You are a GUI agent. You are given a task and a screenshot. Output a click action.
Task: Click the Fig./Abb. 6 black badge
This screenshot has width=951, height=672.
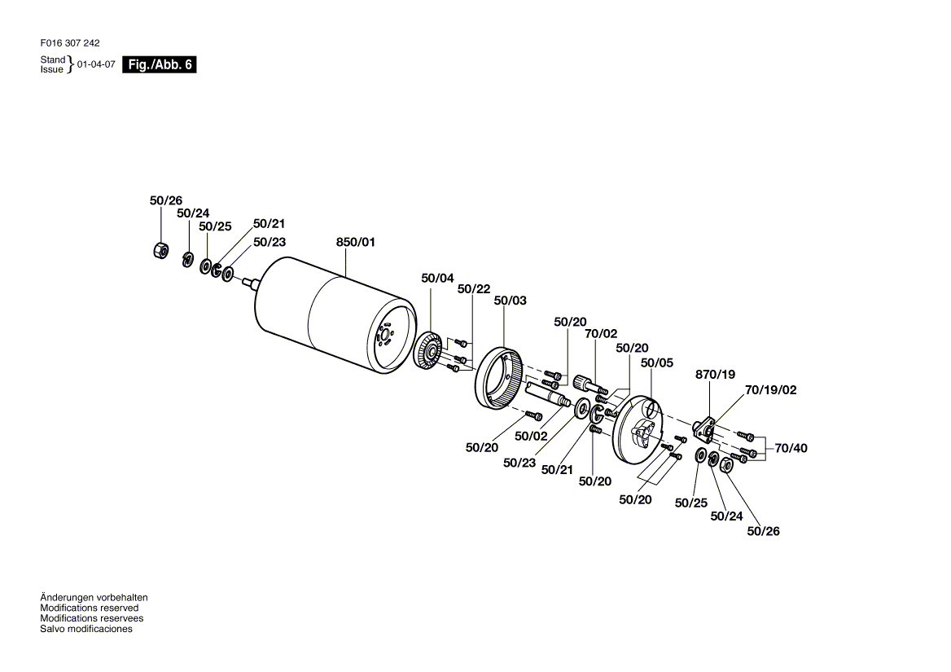pos(160,65)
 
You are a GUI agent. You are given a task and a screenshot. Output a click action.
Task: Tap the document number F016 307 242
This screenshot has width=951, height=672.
pos(70,43)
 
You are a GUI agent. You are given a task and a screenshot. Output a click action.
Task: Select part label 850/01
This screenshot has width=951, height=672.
pos(355,242)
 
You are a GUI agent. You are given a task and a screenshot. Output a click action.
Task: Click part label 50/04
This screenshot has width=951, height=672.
pos(437,279)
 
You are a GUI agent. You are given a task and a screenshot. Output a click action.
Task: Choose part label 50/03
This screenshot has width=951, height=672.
pos(511,301)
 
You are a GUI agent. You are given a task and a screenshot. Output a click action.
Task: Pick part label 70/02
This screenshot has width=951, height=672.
pos(601,333)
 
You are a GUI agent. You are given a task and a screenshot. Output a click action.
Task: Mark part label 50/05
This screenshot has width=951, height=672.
pos(657,363)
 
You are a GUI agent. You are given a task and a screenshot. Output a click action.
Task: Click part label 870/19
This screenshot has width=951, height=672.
pos(715,375)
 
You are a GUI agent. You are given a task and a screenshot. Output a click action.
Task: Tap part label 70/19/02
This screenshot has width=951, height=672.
pos(770,390)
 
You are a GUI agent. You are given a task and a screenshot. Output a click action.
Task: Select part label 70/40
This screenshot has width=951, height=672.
pos(791,448)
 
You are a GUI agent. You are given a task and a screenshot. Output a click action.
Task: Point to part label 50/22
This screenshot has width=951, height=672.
pos(474,289)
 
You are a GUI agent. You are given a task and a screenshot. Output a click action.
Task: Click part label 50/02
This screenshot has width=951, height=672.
pos(531,436)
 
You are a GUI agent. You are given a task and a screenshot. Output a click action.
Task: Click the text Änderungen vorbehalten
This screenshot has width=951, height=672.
pos(94,598)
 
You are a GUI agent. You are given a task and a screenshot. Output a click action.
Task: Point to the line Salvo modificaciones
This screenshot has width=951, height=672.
pos(85,629)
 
